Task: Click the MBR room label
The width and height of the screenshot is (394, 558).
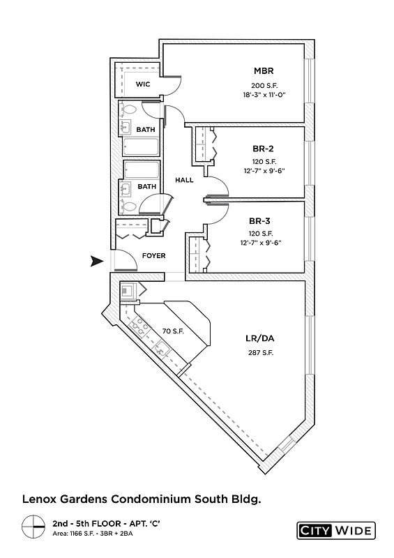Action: tap(263, 71)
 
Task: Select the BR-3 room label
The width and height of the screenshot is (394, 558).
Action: tap(262, 220)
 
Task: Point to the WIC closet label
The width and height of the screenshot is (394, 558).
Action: tap(143, 84)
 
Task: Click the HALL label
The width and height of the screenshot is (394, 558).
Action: tap(184, 180)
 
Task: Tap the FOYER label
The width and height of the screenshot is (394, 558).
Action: tap(153, 256)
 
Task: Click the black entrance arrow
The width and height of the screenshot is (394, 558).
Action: tap(96, 262)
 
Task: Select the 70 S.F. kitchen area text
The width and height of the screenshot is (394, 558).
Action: tap(172, 331)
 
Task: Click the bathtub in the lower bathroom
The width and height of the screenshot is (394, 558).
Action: tap(139, 170)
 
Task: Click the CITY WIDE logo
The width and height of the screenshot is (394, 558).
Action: tap(335, 529)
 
